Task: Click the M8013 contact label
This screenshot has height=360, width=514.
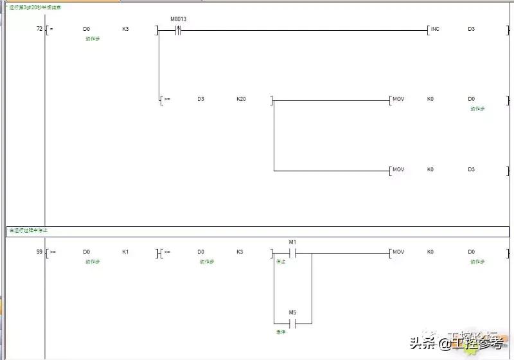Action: tap(178, 19)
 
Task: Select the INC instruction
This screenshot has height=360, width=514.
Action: tap(435, 30)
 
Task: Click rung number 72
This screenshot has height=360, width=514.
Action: tap(39, 30)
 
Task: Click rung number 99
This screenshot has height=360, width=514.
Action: tap(39, 252)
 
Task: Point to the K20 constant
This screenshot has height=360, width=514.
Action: tap(241, 99)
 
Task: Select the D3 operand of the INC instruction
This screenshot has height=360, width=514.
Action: tap(471, 30)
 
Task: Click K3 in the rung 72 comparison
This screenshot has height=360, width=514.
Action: tap(125, 30)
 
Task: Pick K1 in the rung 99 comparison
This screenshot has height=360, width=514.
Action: tap(125, 252)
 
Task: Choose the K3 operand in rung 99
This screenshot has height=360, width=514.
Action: tap(240, 252)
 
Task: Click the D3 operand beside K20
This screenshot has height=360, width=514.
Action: tap(200, 99)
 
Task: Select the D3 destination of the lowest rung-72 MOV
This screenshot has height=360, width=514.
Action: tap(471, 170)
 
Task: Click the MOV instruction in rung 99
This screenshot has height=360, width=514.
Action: tap(398, 252)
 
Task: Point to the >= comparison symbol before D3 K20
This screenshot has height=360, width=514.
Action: tap(167, 99)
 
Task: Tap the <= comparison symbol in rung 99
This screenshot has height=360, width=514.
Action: tap(167, 252)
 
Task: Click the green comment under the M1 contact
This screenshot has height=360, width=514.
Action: tap(280, 262)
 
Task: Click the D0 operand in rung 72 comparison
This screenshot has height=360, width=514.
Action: tap(87, 30)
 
